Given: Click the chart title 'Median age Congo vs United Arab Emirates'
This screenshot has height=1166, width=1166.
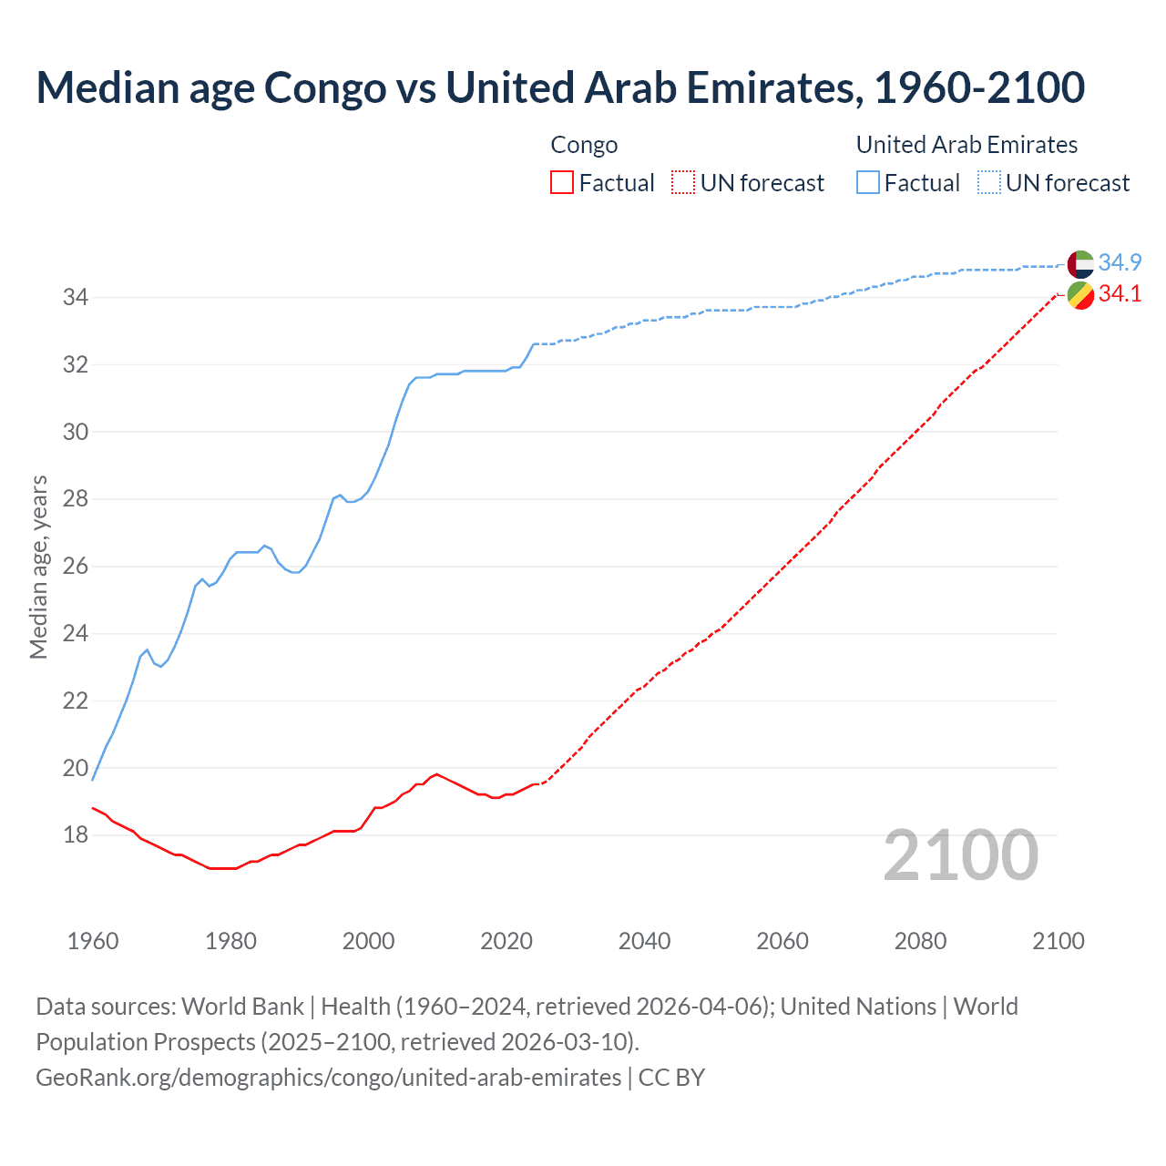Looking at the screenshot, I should [x=559, y=88].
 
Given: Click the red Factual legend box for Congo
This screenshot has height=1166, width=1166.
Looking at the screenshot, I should [x=562, y=183].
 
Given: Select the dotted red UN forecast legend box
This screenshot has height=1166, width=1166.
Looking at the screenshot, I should [x=683, y=183].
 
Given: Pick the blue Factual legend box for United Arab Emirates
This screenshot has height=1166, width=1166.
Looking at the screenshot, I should [x=868, y=183].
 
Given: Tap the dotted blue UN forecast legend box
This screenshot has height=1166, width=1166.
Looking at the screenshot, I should [x=989, y=183].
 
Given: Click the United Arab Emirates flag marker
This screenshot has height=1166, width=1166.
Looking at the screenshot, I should [x=1080, y=264].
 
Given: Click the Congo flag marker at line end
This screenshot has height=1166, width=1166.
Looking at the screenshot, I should [x=1080, y=295].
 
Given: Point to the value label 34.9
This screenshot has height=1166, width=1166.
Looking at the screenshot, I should [x=1120, y=263].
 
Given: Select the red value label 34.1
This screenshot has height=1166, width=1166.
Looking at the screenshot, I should [x=1120, y=294].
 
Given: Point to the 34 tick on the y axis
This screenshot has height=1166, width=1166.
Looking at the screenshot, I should [x=75, y=298].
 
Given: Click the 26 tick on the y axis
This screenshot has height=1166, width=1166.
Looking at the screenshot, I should [x=75, y=567].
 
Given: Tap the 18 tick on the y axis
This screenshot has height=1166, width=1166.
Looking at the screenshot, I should [x=75, y=835].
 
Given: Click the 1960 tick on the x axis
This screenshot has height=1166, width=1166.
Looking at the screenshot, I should [x=93, y=941].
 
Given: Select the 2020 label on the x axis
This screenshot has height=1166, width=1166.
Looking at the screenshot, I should [x=506, y=941].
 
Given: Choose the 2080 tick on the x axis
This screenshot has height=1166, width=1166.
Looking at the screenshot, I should [x=920, y=941].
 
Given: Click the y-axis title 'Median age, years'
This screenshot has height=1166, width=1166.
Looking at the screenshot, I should [x=38, y=567].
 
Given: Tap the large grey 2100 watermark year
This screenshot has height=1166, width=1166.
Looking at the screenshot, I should [x=960, y=855].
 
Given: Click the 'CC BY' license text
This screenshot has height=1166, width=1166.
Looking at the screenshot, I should [x=671, y=1078].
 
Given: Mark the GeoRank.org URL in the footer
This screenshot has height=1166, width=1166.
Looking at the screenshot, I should [x=328, y=1078].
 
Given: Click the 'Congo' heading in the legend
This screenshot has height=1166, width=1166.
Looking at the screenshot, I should [x=584, y=145].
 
